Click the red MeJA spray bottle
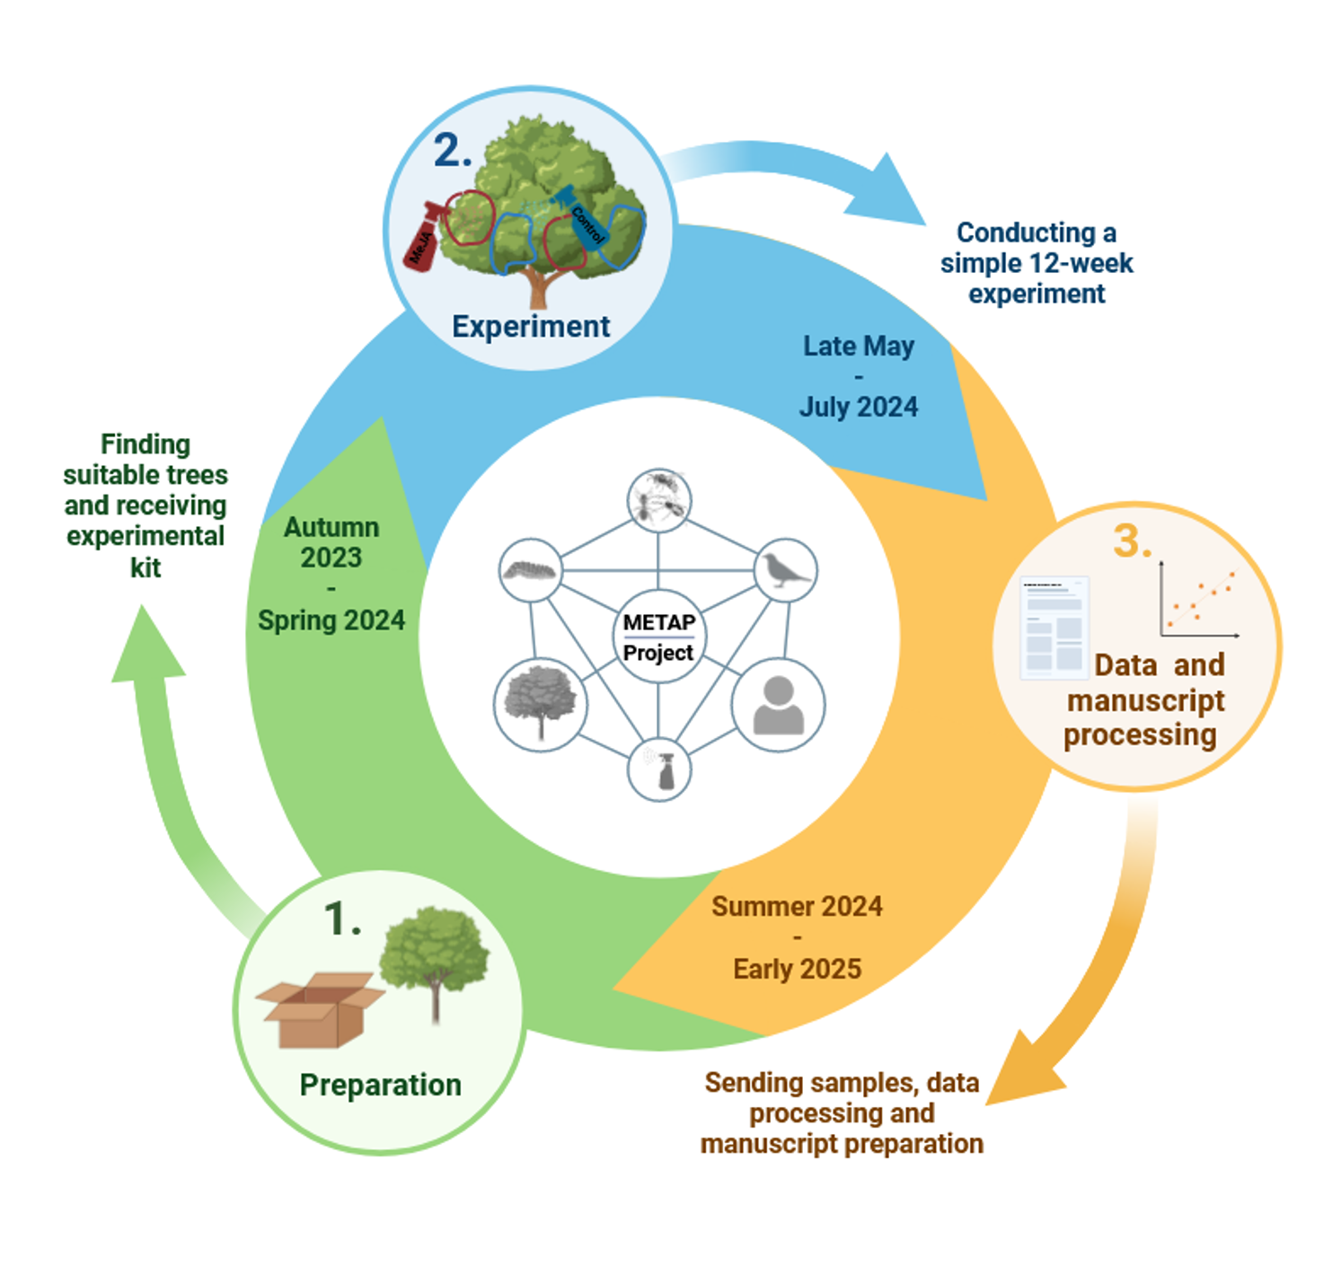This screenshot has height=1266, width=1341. click(x=426, y=237)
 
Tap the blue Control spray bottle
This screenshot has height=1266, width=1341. click(x=580, y=216)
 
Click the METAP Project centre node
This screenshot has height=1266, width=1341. click(x=657, y=637)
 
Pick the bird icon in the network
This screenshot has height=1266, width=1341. click(x=785, y=570)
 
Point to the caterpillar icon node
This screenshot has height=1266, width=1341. click(x=531, y=570)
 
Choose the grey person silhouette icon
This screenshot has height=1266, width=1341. click(x=779, y=705)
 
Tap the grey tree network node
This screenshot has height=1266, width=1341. click(x=540, y=705)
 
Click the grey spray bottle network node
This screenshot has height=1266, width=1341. click(x=659, y=769)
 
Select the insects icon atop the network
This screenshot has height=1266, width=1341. click(x=659, y=500)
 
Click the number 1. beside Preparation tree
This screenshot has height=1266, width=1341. click(x=342, y=919)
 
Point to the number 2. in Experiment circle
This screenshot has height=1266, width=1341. click(x=453, y=149)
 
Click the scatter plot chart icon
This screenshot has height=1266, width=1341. click(x=1199, y=599)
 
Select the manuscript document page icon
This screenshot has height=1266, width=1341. click(x=1054, y=628)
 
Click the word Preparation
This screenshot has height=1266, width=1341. click(x=381, y=1086)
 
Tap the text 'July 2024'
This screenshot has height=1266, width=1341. click(x=858, y=407)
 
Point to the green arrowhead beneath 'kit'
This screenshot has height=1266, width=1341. click(x=147, y=644)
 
